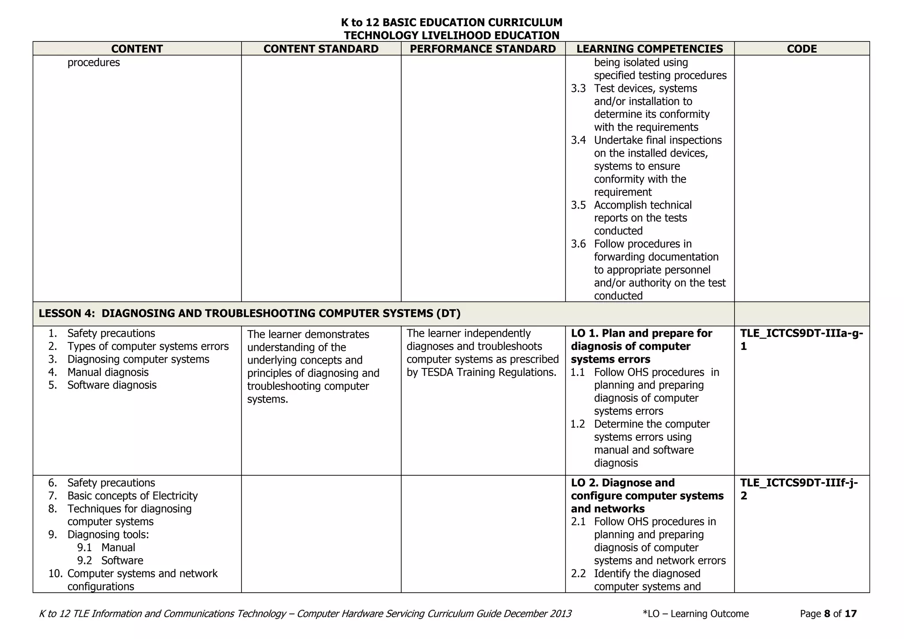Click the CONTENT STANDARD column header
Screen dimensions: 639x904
point(321,49)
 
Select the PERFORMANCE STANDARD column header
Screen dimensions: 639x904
point(483,49)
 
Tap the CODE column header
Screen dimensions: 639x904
point(802,49)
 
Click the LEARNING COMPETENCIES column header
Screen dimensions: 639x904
point(650,49)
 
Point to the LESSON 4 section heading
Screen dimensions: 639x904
point(249,314)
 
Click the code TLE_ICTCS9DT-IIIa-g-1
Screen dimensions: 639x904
point(801,340)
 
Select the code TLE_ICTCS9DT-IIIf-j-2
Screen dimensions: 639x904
point(799,489)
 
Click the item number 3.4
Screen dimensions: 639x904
point(578,140)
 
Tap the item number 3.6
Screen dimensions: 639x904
point(578,244)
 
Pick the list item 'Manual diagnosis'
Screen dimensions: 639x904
point(108,372)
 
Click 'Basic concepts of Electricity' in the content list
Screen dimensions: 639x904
point(132,496)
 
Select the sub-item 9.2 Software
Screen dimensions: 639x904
point(110,561)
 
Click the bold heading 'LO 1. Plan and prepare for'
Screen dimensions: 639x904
point(641,334)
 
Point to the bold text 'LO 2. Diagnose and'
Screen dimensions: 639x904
point(623,483)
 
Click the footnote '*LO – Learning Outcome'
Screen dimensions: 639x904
point(696,614)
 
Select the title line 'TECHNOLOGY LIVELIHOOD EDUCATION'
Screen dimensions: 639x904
point(452,35)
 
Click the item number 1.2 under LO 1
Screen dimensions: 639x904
point(577,425)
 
